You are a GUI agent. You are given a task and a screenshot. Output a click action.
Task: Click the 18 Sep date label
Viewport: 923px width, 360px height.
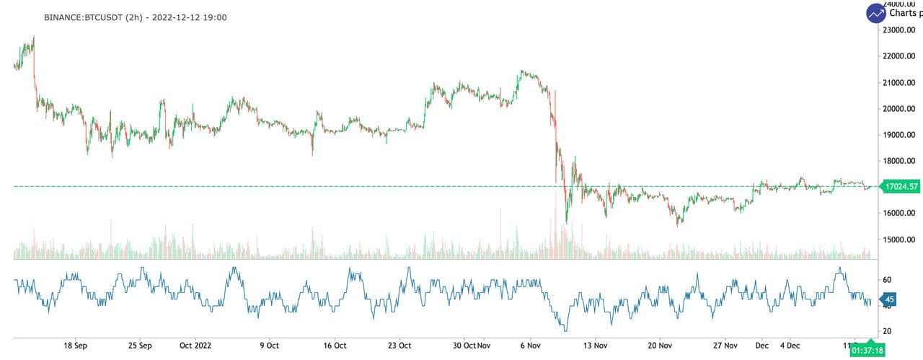(x=76, y=346)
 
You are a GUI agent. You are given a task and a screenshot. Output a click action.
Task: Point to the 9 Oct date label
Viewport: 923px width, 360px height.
(x=269, y=346)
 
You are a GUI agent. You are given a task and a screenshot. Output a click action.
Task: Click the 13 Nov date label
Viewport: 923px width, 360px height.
(x=596, y=346)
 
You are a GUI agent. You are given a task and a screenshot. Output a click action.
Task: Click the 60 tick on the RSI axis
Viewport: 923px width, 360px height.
(x=887, y=280)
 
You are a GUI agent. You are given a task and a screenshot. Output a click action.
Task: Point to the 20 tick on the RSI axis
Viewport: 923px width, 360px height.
(x=887, y=331)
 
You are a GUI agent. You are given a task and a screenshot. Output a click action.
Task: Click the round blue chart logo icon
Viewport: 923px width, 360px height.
(x=876, y=12)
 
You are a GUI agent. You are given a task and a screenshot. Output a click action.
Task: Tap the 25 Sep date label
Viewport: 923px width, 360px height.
(x=140, y=346)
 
